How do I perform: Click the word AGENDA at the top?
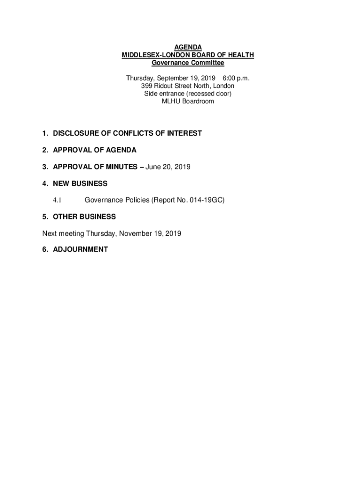188,47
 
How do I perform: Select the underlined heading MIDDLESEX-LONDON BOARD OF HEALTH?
188,55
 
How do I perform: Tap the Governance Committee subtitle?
188,63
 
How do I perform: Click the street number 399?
146,86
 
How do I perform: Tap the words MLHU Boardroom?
188,101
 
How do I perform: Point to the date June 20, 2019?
168,167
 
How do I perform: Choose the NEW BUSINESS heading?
80,183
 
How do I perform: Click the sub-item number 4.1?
57,200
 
